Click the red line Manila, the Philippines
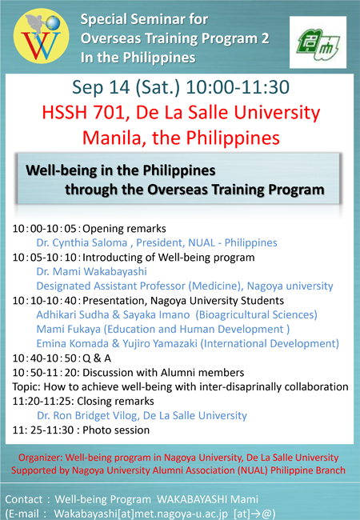pyautogui.click(x=181, y=137)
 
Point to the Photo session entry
pyautogui.click(x=110, y=430)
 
